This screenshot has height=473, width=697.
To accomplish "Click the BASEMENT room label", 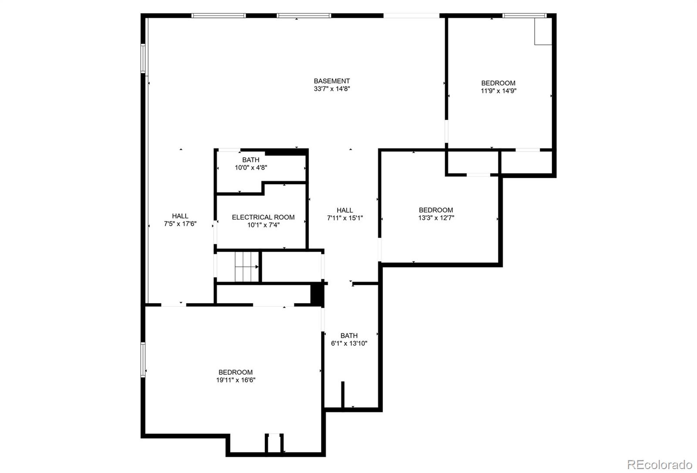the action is [332, 81].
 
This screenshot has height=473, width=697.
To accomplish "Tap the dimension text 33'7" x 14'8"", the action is [332, 89].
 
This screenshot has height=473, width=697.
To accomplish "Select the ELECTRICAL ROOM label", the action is [263, 217].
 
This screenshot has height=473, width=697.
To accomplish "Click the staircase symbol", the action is [247, 267].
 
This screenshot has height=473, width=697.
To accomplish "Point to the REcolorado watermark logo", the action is [660, 465].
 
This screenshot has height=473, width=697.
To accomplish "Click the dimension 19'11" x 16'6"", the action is [236, 380].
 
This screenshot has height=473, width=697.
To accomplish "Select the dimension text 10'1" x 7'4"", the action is [264, 225].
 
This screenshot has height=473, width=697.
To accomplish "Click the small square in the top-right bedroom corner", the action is [543, 31].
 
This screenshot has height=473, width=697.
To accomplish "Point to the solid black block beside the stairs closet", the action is [318, 294].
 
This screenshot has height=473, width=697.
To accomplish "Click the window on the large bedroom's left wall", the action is [143, 360].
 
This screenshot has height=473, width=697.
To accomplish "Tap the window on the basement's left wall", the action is [143, 58].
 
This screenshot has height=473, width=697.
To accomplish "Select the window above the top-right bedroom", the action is [524, 15].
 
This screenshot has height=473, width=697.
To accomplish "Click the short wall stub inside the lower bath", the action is [343, 394].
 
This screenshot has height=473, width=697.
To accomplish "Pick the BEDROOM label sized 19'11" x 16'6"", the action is [236, 372].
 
